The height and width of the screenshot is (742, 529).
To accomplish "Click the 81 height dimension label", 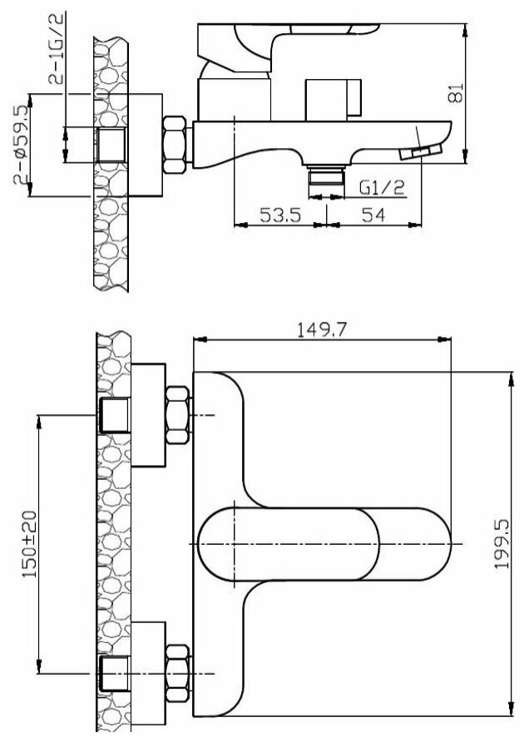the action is click(x=455, y=93).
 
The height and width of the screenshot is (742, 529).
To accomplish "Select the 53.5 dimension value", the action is click(x=280, y=215).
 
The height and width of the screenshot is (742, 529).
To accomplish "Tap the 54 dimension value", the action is click(x=373, y=215).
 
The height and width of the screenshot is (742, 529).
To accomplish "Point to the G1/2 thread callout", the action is click(x=383, y=187).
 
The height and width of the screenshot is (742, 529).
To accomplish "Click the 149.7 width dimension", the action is click(x=322, y=329).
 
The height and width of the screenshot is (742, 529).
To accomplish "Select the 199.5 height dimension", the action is click(x=502, y=544).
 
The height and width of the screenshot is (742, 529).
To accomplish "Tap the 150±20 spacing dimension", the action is click(x=29, y=544).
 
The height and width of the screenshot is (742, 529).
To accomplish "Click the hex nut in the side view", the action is click(x=174, y=145).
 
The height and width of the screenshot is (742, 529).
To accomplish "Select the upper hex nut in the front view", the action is click(x=178, y=415).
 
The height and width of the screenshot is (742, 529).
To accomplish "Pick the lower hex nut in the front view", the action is click(x=178, y=674).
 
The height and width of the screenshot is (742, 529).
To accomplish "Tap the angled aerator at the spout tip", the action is click(x=420, y=152).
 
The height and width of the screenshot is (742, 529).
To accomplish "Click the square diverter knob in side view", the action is click(x=333, y=99).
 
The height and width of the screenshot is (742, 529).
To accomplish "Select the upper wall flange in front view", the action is click(x=149, y=415).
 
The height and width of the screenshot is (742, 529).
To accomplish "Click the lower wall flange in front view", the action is click(x=149, y=674).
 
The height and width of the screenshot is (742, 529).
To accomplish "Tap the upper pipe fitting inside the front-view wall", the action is click(x=114, y=415).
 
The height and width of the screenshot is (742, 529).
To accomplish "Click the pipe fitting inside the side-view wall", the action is click(x=111, y=145).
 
